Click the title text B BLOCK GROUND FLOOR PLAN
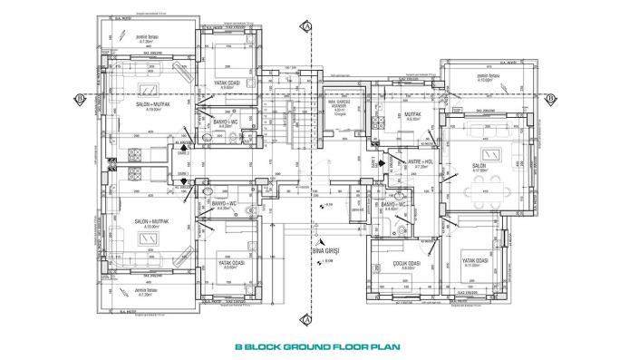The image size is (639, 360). click(x=317, y=345)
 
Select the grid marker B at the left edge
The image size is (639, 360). click(x=81, y=97)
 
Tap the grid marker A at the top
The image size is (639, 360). click(x=309, y=27)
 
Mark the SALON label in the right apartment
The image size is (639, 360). click(x=479, y=166)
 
